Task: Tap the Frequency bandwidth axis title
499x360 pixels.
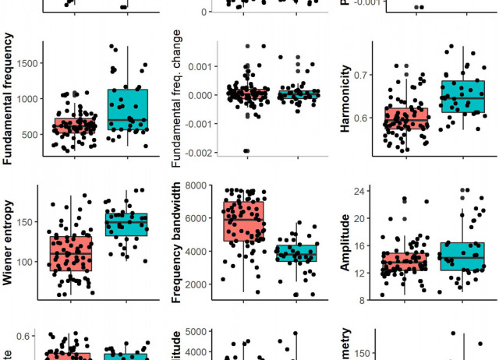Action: click(x=177, y=242)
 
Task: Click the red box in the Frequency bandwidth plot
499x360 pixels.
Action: click(x=242, y=221)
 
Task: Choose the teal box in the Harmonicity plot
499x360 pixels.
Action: click(x=462, y=97)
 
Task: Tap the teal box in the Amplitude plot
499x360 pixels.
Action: click(x=462, y=256)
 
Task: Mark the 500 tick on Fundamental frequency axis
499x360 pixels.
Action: click(x=27, y=134)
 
